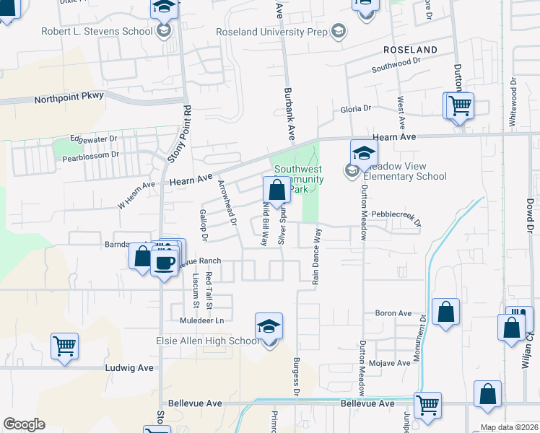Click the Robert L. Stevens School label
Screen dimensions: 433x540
click(x=107, y=31)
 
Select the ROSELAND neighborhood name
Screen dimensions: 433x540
click(x=410, y=50)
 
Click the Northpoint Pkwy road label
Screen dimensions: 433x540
click(x=69, y=96)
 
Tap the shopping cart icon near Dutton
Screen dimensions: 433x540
click(x=459, y=105)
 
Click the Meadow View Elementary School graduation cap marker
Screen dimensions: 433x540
click(x=364, y=153)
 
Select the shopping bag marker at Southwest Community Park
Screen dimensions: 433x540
click(x=277, y=191)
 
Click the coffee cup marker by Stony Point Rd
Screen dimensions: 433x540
click(x=165, y=262)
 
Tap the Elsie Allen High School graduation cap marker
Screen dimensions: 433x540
click(x=269, y=327)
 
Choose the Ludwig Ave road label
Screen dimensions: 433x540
click(x=131, y=367)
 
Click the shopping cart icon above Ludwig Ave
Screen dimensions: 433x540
click(x=65, y=346)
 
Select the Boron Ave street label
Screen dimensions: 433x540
click(x=393, y=314)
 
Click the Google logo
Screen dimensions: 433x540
click(x=24, y=424)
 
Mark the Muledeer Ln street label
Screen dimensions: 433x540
click(x=198, y=320)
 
